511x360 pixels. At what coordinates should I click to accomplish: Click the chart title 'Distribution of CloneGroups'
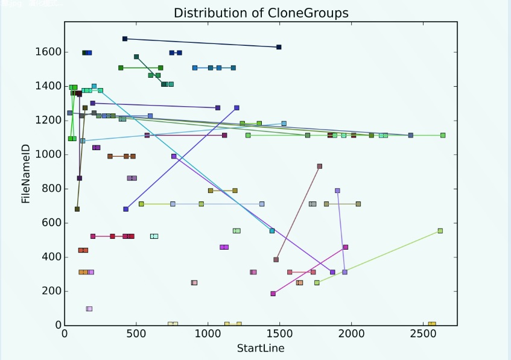[261, 13]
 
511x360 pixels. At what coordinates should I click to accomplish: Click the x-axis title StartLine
[260, 348]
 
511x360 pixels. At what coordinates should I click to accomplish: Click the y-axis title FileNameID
[26, 174]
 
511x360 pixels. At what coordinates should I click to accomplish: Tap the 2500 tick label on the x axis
[423, 335]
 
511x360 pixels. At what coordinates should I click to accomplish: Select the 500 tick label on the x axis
[136, 335]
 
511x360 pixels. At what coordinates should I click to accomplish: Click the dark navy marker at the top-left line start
[125, 39]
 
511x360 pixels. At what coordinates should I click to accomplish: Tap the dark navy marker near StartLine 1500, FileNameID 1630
[279, 47]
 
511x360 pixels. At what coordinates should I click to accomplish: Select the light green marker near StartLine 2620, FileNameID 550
[440, 231]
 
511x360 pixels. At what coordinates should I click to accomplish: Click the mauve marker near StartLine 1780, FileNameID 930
[320, 166]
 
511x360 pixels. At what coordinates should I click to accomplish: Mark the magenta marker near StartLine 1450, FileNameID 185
[273, 294]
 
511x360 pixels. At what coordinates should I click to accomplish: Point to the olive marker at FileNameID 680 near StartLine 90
[77, 209]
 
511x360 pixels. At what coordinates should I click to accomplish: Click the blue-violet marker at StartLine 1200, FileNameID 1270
[236, 108]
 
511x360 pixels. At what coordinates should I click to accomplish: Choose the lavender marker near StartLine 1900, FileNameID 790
[337, 191]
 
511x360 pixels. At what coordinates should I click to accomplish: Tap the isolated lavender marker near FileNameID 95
[89, 309]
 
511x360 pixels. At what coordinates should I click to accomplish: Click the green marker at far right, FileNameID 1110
[443, 136]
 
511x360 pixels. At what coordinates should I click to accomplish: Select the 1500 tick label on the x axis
[279, 335]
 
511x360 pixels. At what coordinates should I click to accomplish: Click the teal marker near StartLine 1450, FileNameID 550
[272, 231]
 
